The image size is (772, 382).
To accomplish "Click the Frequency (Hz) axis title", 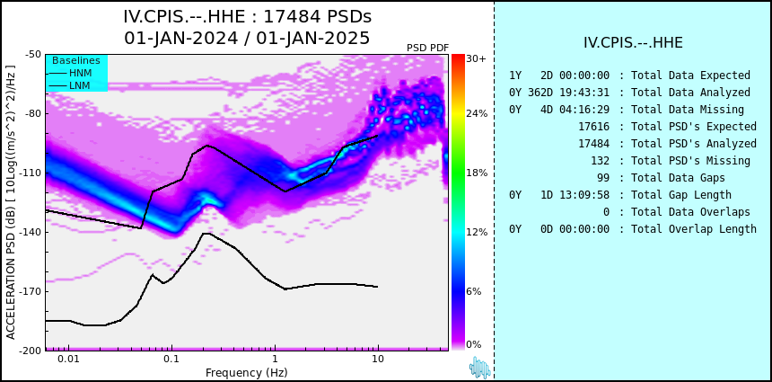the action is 246,372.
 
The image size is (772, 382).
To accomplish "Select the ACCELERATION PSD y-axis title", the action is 11,202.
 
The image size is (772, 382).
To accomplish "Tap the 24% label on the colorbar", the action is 477,114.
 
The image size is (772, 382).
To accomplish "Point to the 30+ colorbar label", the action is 476,58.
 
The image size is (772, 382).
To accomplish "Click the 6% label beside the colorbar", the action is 474,291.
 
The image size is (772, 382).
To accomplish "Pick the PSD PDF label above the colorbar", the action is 428,48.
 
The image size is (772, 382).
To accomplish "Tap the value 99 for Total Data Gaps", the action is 603,177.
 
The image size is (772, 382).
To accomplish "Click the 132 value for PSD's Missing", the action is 601,161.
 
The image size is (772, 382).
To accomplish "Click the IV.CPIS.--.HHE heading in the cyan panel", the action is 633,43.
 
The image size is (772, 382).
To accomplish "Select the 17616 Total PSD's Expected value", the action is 593,127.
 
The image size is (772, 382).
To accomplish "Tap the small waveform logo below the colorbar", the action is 480,368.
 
